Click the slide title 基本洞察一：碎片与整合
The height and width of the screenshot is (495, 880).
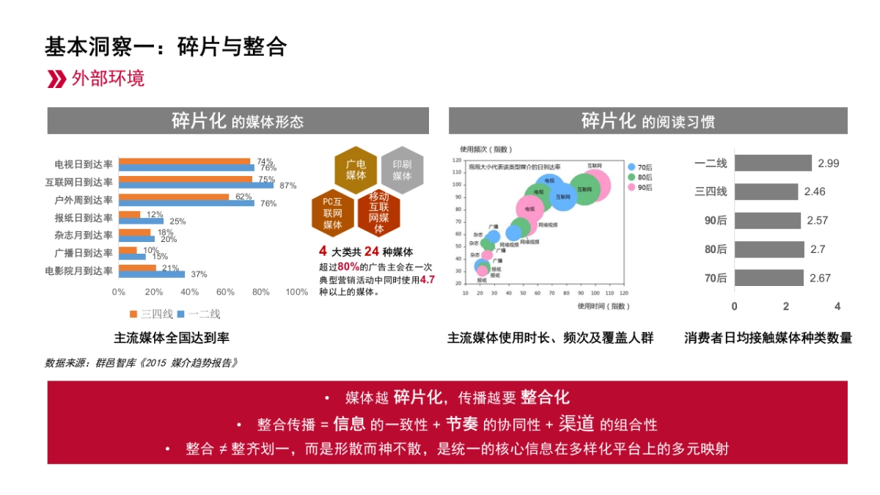[165, 46]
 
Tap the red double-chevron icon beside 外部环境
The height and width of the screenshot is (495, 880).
[56, 79]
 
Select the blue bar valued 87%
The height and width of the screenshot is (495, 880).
[196, 185]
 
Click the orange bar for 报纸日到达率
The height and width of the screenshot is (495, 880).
[130, 214]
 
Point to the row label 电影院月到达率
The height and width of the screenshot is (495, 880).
[78, 271]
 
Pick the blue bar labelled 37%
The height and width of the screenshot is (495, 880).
[152, 274]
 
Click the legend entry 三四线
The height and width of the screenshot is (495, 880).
[152, 314]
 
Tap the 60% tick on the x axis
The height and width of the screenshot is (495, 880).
[225, 292]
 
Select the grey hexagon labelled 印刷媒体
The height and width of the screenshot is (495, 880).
[402, 170]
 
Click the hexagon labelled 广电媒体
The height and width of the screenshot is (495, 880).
[356, 170]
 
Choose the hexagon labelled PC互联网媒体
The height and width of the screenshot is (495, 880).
[333, 213]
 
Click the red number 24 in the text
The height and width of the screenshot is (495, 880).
[371, 251]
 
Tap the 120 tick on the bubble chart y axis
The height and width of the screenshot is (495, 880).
[456, 160]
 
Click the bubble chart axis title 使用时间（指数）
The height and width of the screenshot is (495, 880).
[603, 306]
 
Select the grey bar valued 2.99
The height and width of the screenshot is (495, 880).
[773, 163]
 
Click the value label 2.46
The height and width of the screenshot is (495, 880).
[815, 191]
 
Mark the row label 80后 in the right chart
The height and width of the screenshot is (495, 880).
[715, 249]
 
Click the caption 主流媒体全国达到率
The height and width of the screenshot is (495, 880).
[172, 338]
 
